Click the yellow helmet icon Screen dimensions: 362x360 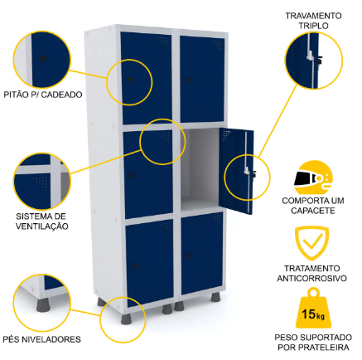tap(313, 177)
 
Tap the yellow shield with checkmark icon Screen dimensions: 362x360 tap(311, 243)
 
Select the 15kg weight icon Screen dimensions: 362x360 tap(312, 309)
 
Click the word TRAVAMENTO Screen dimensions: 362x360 tap(313, 16)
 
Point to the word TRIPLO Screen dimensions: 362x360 tap(313, 26)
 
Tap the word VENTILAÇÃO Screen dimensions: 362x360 tap(42, 226)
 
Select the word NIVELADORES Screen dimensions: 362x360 tap(55, 339)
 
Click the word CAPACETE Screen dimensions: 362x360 tap(313, 211)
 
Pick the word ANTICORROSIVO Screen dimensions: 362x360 tap(312, 278)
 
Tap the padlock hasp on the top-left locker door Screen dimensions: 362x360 tap(130, 80)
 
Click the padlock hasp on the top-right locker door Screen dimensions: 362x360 tap(188, 80)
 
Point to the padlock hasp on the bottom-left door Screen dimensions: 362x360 tap(135, 266)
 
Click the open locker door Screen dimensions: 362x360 tap(236, 171)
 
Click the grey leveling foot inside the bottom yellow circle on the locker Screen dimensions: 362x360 tap(127, 319)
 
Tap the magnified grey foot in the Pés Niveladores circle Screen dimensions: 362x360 tap(43, 305)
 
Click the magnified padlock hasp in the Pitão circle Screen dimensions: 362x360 tap(42, 58)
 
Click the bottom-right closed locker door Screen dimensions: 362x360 tap(202, 253)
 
